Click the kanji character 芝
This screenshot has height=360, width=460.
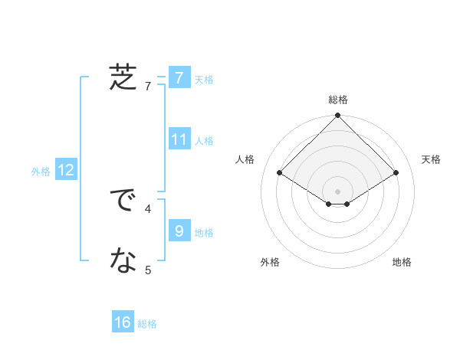click(x=123, y=78)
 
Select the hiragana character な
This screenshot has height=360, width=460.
click(x=123, y=262)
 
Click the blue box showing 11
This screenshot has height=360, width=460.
click(x=179, y=139)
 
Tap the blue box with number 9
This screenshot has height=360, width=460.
click(x=179, y=231)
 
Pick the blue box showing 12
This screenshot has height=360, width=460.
click(x=66, y=171)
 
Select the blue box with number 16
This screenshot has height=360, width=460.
click(x=123, y=322)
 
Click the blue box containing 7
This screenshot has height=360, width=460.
click(x=179, y=78)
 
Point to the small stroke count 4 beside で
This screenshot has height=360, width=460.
click(x=148, y=208)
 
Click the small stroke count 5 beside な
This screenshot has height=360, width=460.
click(x=148, y=269)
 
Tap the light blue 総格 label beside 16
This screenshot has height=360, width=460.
click(x=147, y=324)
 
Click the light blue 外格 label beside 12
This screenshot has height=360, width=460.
click(x=41, y=172)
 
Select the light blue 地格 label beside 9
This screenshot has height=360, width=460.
click(x=204, y=233)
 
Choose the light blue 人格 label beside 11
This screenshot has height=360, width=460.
click(x=204, y=141)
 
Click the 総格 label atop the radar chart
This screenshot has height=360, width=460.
click(x=337, y=100)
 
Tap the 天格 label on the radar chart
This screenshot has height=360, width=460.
click(x=431, y=159)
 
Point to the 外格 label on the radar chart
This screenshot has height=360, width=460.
click(x=270, y=262)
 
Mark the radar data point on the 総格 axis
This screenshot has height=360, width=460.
click(x=337, y=116)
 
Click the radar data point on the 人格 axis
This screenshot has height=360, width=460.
click(x=280, y=172)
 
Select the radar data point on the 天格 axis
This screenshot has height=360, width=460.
click(x=396, y=172)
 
